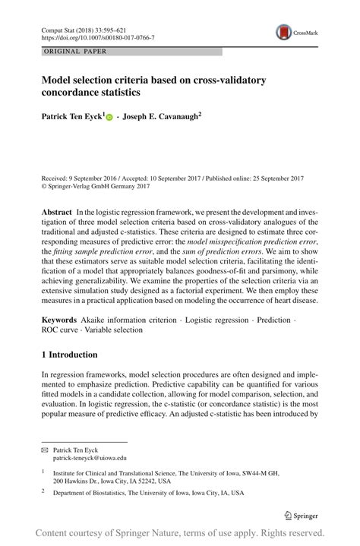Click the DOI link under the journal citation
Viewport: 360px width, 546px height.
point(97,37)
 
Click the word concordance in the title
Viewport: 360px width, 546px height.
point(75,92)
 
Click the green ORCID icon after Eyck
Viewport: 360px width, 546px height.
point(109,118)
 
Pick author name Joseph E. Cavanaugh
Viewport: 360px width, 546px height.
point(161,118)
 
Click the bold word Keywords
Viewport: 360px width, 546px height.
point(59,321)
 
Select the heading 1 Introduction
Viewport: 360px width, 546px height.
point(69,355)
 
